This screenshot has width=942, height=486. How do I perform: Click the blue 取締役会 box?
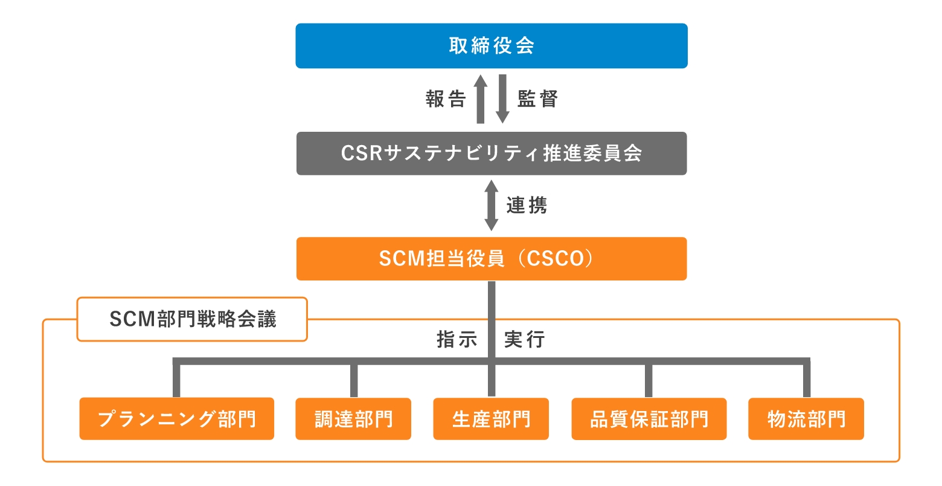tap(491, 46)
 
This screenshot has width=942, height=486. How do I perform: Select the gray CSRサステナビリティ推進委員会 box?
tap(491, 154)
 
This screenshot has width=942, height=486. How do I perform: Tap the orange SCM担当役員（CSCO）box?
tap(491, 259)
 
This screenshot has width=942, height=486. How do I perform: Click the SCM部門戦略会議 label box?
tap(192, 319)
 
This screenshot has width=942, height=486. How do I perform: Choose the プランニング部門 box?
tap(176, 418)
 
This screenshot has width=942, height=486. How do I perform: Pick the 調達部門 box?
tap(353, 418)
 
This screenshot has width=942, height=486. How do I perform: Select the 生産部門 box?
tap(491, 418)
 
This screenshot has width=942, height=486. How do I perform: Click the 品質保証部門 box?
tap(649, 418)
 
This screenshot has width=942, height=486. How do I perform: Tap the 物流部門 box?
tap(806, 418)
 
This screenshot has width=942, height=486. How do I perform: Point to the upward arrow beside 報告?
tap(481, 99)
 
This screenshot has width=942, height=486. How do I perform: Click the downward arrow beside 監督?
tap(502, 99)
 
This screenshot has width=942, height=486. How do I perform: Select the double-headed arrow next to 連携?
tap(492, 206)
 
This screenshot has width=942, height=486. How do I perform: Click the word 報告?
tap(446, 99)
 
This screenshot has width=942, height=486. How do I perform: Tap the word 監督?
tap(537, 99)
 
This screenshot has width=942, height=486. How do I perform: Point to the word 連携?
tap(527, 206)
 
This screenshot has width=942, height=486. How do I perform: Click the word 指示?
tap(457, 340)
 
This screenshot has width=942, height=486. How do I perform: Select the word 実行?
tap(524, 340)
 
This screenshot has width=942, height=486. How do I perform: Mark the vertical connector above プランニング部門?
tap(176, 380)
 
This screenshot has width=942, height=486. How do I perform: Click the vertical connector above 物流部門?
tap(806, 380)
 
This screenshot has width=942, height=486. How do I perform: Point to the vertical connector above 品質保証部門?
tap(649, 380)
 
